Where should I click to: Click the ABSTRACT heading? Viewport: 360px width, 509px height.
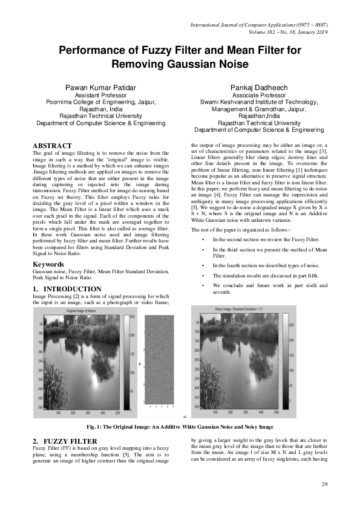click(51, 146)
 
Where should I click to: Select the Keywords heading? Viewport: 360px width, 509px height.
click(49, 264)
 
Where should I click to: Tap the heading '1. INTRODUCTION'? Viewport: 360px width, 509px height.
click(67, 290)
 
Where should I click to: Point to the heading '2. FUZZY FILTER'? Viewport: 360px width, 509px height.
click(62, 441)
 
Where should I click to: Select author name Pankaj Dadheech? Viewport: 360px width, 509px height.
click(258, 88)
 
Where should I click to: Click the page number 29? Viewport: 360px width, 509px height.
click(324, 485)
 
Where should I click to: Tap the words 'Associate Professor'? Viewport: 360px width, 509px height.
click(258, 96)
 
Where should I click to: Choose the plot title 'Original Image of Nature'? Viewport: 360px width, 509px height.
click(82, 309)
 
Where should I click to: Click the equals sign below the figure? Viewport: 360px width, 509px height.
click(184, 417)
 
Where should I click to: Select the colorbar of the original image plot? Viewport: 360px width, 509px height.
click(126, 361)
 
